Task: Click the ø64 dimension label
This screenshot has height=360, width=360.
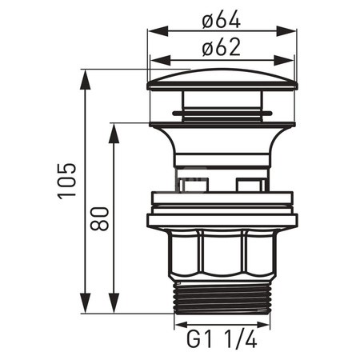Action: coord(222,18)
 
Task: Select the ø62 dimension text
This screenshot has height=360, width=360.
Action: coord(222,47)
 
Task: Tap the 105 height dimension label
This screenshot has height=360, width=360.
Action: coord(67,181)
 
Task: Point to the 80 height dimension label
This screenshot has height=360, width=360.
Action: coord(99,218)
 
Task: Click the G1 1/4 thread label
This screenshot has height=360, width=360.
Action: coord(222,338)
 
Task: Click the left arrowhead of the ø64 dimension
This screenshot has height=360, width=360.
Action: coord(158,31)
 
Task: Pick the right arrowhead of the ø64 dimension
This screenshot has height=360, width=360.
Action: coord(286,31)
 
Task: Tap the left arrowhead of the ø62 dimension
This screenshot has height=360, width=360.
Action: coord(161,61)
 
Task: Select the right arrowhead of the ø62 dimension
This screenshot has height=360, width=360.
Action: coord(284,61)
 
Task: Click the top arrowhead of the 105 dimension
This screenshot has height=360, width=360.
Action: coord(86,80)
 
